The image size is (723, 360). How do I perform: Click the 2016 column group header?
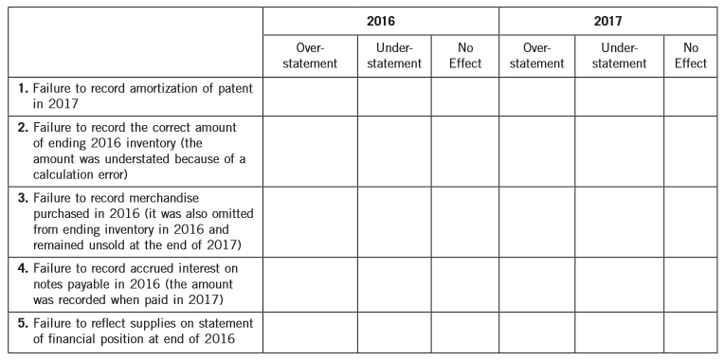[x=382, y=19]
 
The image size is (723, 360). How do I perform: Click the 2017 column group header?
[x=610, y=19]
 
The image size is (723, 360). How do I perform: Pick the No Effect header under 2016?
[x=465, y=55]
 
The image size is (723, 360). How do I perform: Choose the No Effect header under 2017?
[x=693, y=55]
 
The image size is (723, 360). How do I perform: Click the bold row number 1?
[x=23, y=87]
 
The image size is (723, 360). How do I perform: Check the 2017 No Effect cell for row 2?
[x=693, y=153]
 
